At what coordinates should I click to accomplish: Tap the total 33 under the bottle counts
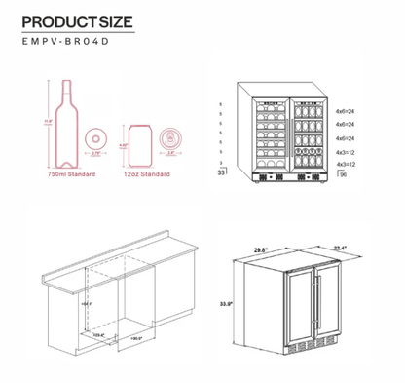(222, 172)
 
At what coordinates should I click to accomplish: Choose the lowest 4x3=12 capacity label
(345, 167)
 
